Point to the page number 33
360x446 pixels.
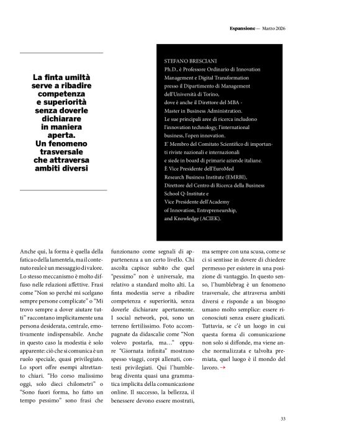click(282, 419)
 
